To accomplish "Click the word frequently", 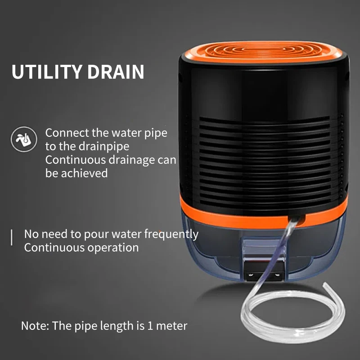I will coord(171,234).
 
